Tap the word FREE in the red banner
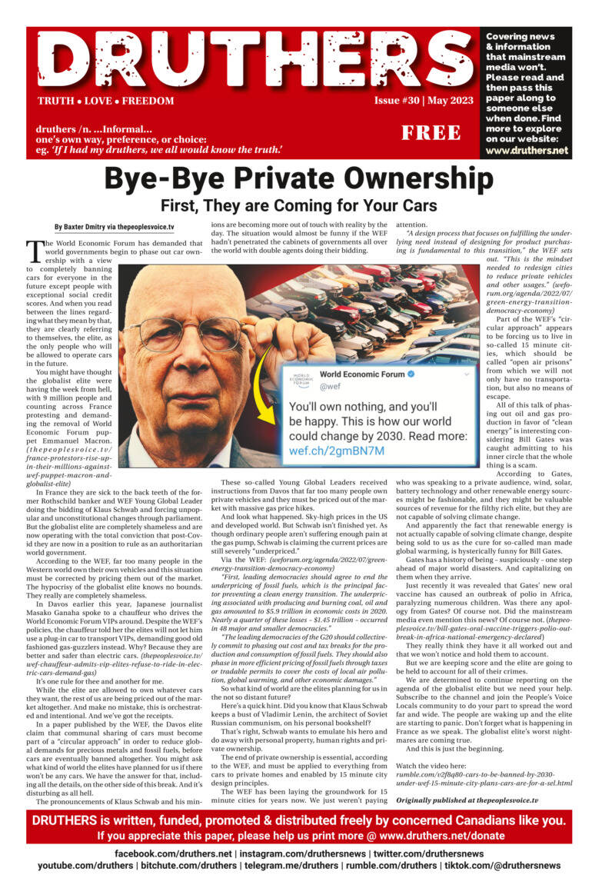click(x=431, y=132)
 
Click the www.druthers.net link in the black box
click(x=527, y=151)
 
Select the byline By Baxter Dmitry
click(x=114, y=227)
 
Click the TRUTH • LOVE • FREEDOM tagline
click(x=105, y=101)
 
